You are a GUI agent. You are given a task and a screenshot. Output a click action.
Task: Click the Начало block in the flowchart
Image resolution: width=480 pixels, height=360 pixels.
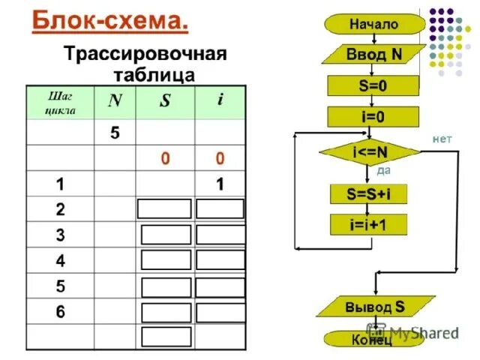point(372,24)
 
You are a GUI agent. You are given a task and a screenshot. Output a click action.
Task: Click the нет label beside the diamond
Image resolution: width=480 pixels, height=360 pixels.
point(442,139)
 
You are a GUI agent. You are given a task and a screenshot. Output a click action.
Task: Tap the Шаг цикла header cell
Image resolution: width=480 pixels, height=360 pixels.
point(60,103)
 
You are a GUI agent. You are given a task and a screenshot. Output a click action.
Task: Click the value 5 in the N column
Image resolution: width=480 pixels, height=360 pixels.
point(115,133)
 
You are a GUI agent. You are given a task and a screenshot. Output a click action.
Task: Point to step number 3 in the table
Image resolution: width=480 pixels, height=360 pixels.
point(59,235)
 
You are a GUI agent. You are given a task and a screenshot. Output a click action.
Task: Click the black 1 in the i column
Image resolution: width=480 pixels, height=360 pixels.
point(220,184)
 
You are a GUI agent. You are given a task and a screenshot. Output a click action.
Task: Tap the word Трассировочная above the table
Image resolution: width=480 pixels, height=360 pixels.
point(145,55)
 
